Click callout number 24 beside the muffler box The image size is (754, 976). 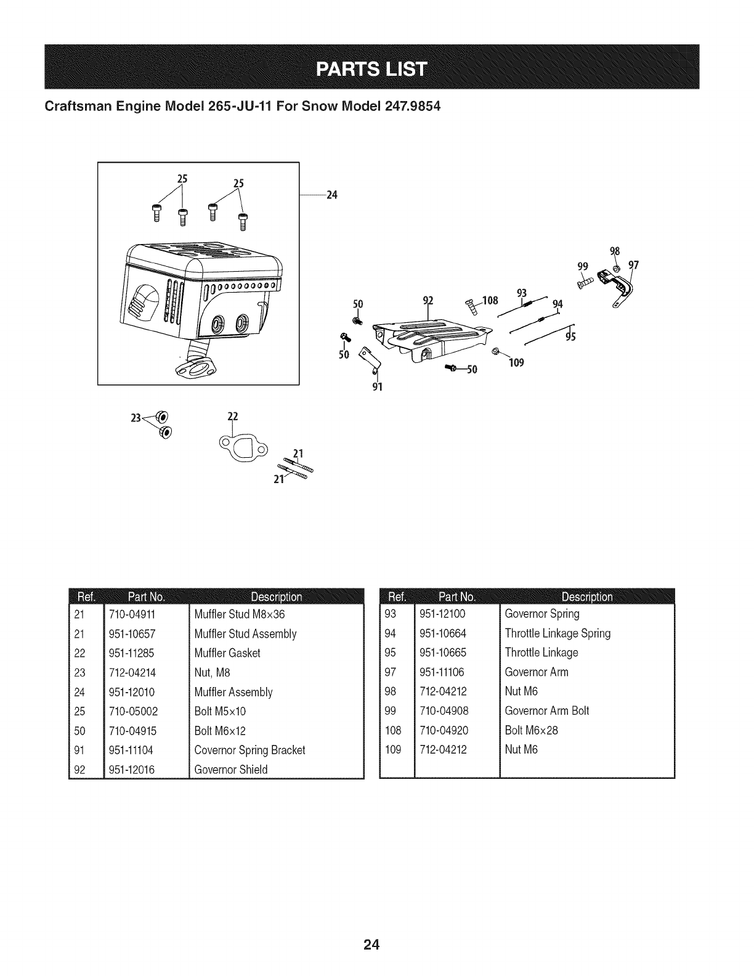tap(332, 195)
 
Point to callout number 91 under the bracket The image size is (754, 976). tap(378, 388)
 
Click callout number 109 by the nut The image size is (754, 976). tap(516, 363)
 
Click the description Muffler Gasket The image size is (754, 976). tap(227, 653)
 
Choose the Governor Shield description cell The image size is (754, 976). tap(230, 770)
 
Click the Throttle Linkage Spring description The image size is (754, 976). tap(557, 633)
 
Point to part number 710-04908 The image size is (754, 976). tap(444, 711)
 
